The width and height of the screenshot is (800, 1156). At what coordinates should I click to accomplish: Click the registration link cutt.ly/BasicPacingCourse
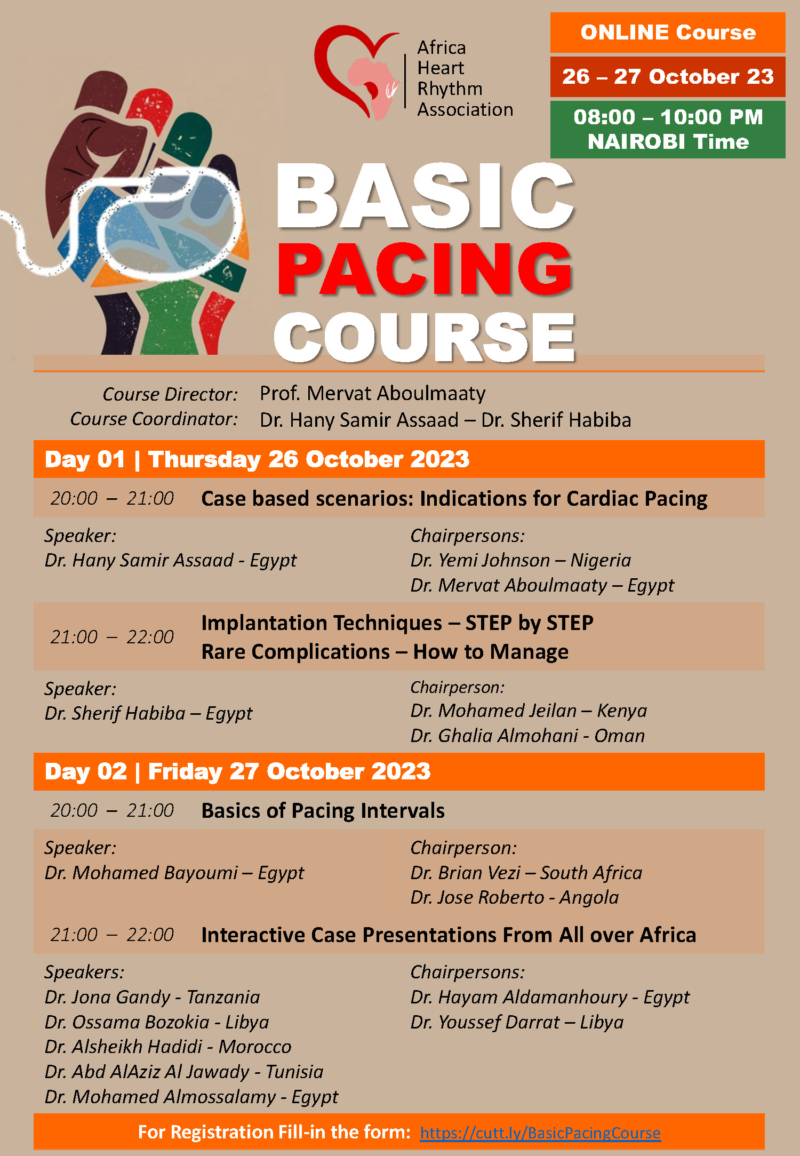(540, 1132)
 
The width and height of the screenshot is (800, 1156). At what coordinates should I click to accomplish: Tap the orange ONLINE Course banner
(668, 33)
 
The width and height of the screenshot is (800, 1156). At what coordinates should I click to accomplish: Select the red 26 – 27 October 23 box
(668, 77)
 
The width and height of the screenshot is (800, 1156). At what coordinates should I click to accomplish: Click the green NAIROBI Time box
(668, 130)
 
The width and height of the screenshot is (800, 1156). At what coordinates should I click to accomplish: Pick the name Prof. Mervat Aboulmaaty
(372, 394)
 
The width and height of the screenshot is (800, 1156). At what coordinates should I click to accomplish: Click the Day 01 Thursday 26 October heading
(257, 459)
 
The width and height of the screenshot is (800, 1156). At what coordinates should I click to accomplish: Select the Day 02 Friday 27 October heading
(237, 771)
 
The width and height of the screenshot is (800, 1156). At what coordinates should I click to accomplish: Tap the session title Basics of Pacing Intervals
(323, 810)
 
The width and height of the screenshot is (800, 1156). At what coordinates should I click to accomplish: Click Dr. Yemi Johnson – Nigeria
(521, 560)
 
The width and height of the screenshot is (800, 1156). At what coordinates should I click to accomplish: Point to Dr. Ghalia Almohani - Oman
(527, 736)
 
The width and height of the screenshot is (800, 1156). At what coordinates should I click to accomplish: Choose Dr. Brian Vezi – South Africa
(526, 873)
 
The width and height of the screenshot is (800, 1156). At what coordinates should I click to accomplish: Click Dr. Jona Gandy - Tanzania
(152, 997)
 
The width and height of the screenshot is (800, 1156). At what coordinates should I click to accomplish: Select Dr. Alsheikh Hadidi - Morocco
(168, 1047)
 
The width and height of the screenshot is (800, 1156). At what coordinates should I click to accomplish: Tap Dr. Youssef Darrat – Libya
(517, 1022)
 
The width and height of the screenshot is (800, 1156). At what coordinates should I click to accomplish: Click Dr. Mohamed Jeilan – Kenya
(529, 711)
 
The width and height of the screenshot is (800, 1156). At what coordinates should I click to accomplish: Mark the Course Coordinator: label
(154, 419)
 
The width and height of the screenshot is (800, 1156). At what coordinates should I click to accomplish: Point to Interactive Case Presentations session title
(449, 935)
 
